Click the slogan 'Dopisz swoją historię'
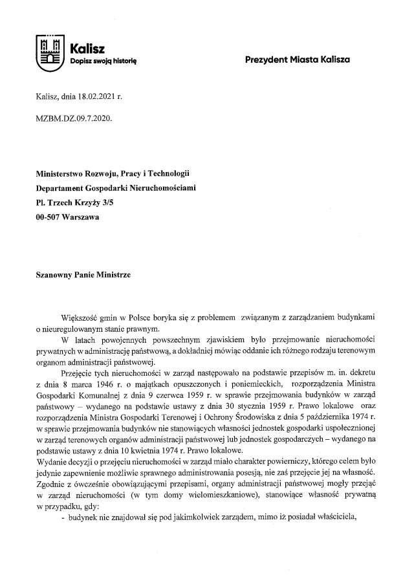[103, 61]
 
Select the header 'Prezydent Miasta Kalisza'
[298, 60]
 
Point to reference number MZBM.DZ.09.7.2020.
[70, 118]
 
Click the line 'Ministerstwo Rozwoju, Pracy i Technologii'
[113, 174]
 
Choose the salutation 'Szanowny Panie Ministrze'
[83, 275]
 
